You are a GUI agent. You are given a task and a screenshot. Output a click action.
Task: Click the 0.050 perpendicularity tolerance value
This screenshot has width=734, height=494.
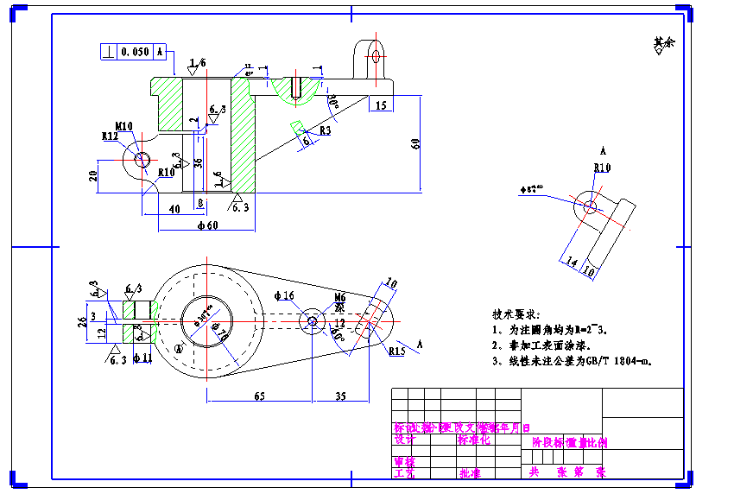click(x=136, y=52)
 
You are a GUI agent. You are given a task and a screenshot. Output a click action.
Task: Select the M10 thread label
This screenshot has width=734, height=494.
click(x=123, y=126)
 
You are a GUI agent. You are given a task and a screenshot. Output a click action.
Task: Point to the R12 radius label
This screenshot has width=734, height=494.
click(x=110, y=136)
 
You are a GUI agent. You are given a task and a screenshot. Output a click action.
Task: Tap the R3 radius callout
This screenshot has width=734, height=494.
click(x=325, y=130)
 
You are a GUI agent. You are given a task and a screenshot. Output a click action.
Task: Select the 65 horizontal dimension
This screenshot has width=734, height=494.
click(x=258, y=396)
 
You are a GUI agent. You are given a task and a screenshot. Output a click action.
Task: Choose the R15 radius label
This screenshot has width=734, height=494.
click(x=396, y=351)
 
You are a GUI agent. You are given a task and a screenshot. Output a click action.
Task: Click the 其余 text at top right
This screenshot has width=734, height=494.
click(x=663, y=41)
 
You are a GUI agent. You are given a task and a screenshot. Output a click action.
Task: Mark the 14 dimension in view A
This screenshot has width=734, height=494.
click(x=570, y=262)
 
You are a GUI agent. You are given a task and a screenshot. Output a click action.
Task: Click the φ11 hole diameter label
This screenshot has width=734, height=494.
click(x=142, y=357)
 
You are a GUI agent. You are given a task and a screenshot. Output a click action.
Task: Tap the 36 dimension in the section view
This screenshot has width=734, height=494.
click(x=198, y=162)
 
